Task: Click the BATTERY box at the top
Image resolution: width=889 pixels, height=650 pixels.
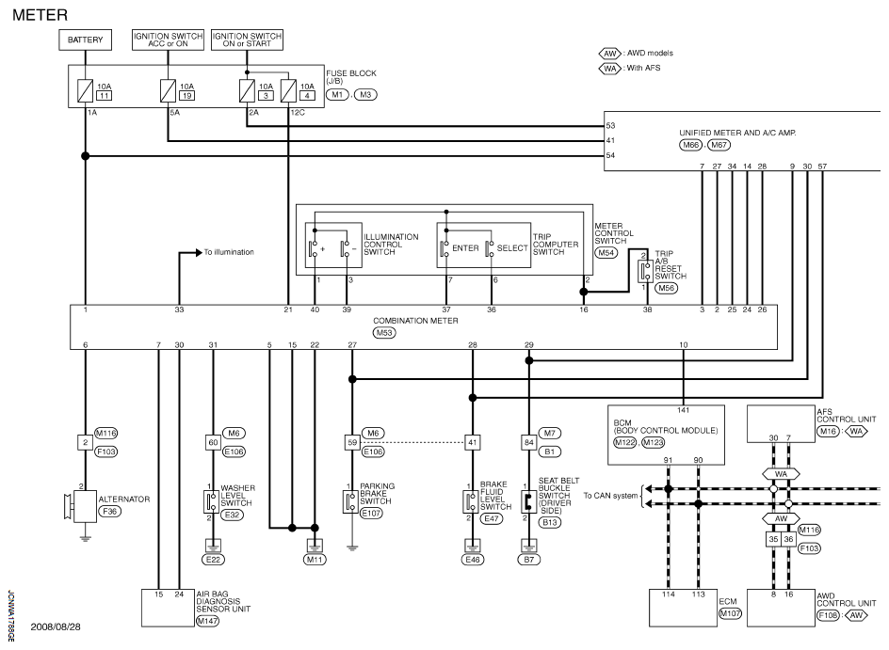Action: coord(85,40)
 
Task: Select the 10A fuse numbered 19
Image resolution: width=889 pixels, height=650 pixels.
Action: coord(168,90)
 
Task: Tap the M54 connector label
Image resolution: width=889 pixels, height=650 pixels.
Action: coord(606,252)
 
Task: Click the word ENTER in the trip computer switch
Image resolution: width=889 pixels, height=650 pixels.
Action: coord(465,248)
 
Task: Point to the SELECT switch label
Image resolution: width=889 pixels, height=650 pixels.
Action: coord(512,248)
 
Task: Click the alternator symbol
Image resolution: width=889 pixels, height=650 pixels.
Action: coord(82,506)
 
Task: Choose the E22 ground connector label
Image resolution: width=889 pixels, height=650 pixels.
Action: coord(213,560)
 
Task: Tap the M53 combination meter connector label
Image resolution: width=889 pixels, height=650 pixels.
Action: coord(384,332)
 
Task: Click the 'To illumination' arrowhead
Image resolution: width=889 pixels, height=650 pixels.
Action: coord(199,252)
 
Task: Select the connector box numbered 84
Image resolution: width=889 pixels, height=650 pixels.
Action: coord(529,442)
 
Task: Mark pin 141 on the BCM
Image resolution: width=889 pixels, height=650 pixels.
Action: coord(683,410)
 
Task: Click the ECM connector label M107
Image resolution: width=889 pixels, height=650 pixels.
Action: coord(730,613)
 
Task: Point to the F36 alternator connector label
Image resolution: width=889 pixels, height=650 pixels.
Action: coord(110,512)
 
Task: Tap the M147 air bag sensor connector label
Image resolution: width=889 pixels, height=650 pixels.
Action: coord(207,621)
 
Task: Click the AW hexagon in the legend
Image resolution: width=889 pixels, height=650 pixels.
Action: coord(610,54)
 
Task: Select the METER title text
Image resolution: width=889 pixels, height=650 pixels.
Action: coord(40,15)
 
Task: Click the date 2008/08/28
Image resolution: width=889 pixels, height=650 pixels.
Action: coord(56,626)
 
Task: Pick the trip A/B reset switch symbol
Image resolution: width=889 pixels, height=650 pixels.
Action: coord(645,271)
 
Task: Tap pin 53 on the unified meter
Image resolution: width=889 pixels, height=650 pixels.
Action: coord(610,126)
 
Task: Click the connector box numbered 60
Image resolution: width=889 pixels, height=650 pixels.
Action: coord(213,442)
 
